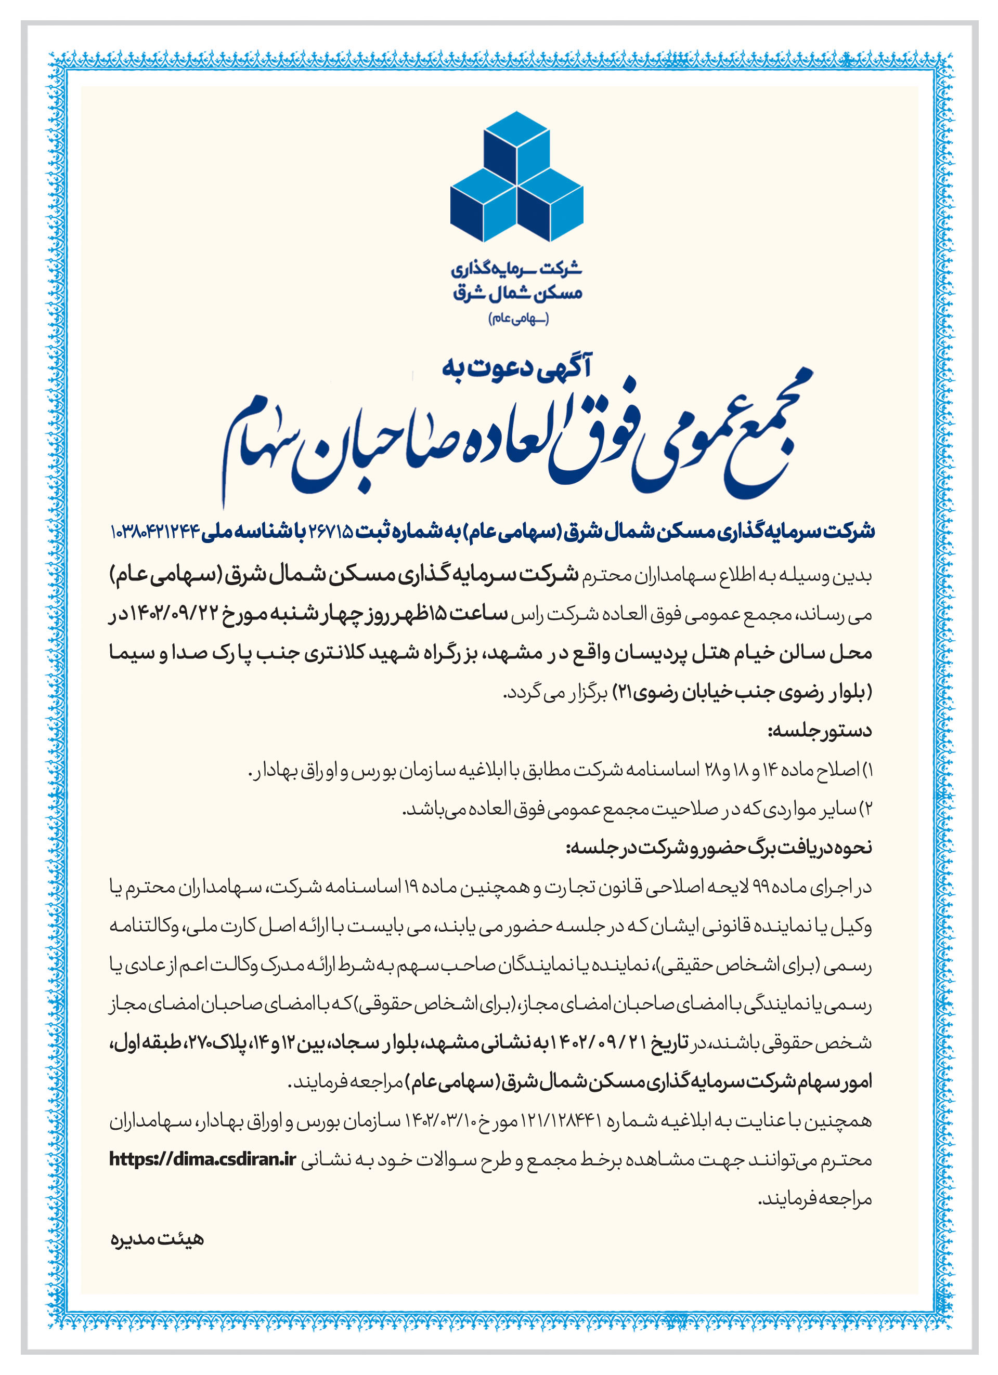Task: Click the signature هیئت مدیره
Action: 157,1239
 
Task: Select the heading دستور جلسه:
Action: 819,731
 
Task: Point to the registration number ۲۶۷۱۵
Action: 331,532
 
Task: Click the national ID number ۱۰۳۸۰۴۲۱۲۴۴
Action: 155,532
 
